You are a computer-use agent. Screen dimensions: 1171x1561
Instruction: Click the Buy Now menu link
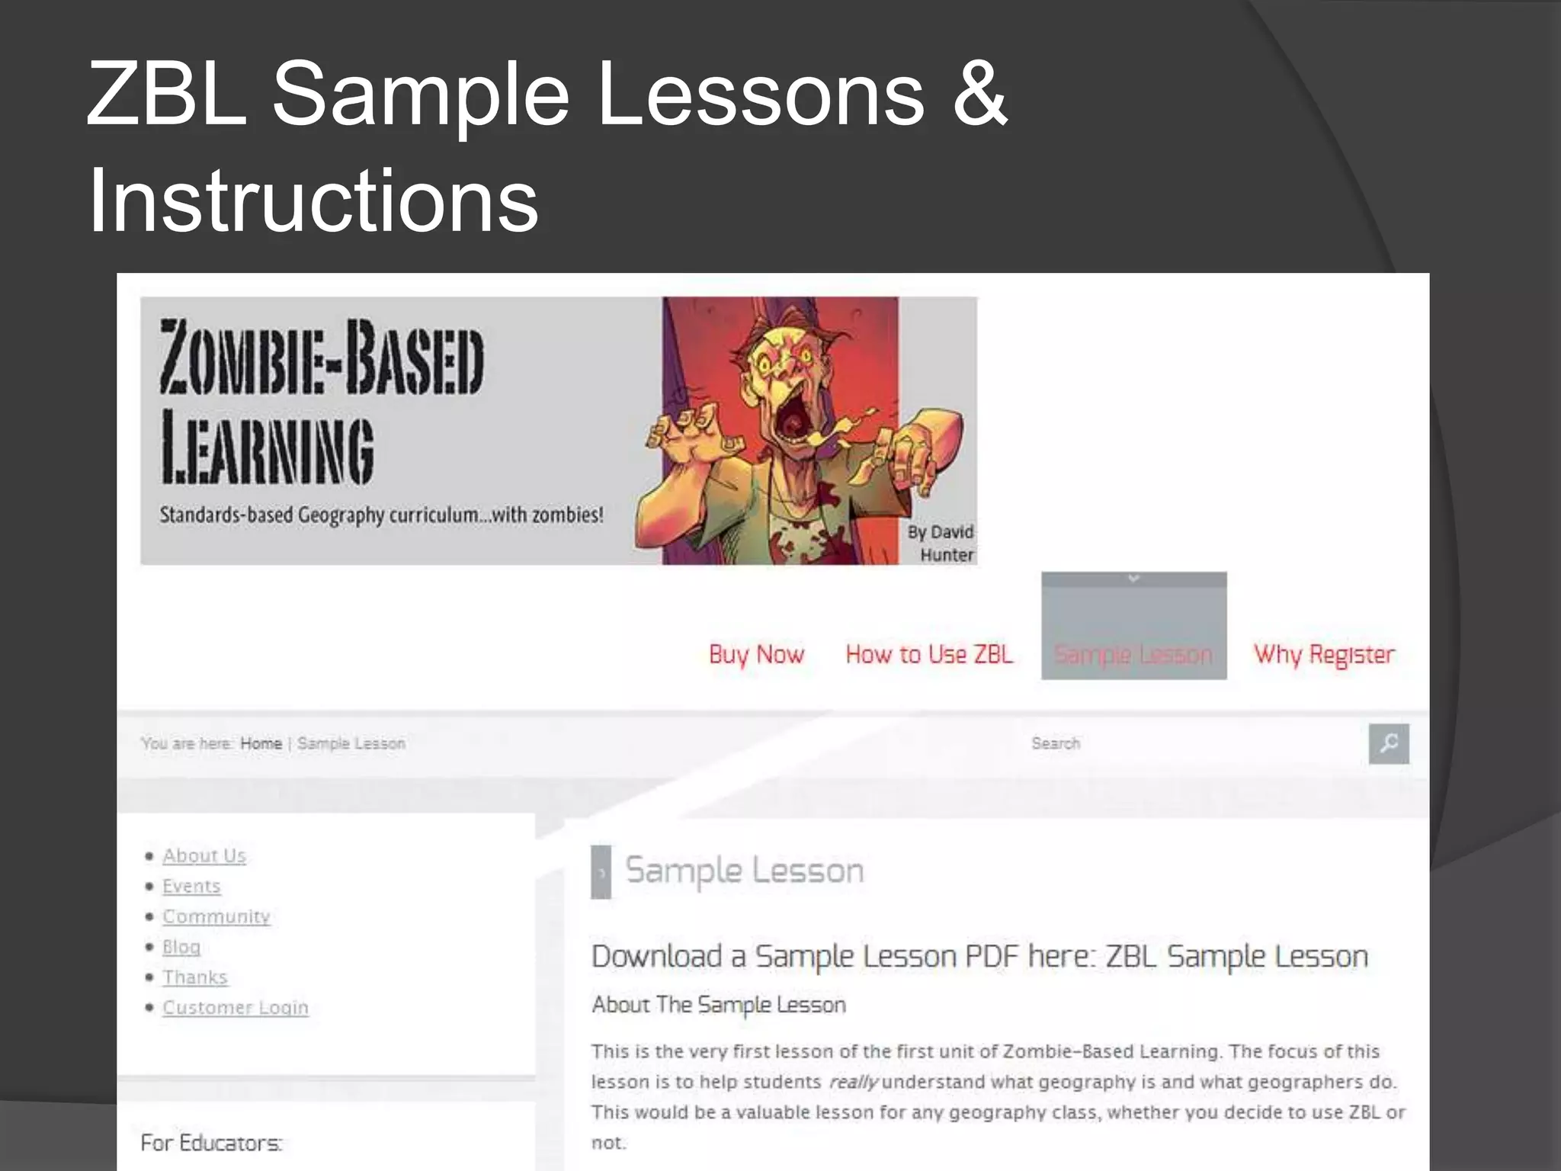coord(756,654)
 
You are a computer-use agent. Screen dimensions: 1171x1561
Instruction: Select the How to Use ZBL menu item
coord(929,654)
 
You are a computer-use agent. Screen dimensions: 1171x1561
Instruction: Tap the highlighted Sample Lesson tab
coord(1133,654)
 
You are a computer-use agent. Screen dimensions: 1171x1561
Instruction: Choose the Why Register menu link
coord(1324,654)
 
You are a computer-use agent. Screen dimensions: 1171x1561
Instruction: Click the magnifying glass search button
coord(1389,743)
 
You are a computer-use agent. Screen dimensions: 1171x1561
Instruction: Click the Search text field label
coord(1056,743)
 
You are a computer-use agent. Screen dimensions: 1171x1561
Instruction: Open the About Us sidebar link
coord(204,856)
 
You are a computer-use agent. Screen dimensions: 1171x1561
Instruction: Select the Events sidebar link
coord(191,887)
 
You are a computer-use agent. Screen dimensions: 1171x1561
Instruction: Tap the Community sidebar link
coord(216,916)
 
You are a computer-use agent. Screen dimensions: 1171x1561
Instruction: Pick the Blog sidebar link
coord(181,947)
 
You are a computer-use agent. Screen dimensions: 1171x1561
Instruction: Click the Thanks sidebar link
coord(195,977)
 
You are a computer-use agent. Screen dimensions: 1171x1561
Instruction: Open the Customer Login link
coord(236,1008)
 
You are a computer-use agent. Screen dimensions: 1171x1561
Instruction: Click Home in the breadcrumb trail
coord(261,743)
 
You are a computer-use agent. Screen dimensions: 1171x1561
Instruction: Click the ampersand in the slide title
coord(979,95)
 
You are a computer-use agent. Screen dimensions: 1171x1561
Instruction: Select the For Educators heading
coord(211,1143)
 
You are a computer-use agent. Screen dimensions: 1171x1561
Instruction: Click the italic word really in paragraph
coord(854,1082)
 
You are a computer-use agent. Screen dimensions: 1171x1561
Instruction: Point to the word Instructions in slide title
coord(313,200)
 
